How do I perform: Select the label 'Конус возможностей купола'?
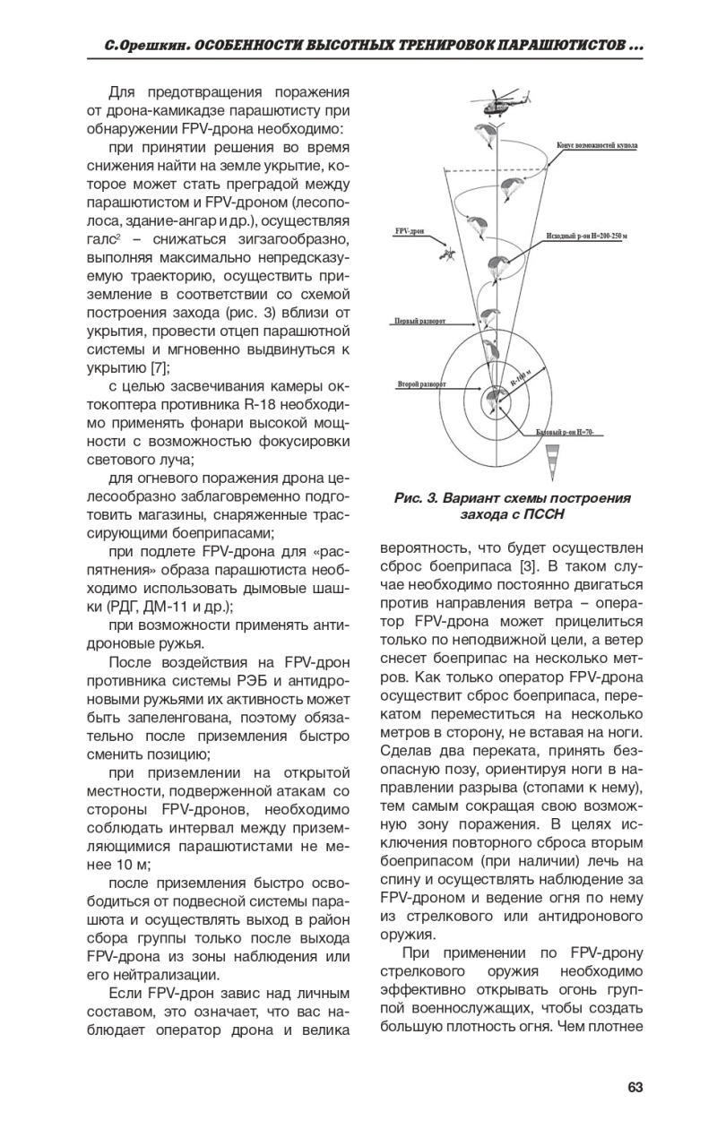click(596, 143)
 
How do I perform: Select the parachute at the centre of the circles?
click(493, 398)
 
